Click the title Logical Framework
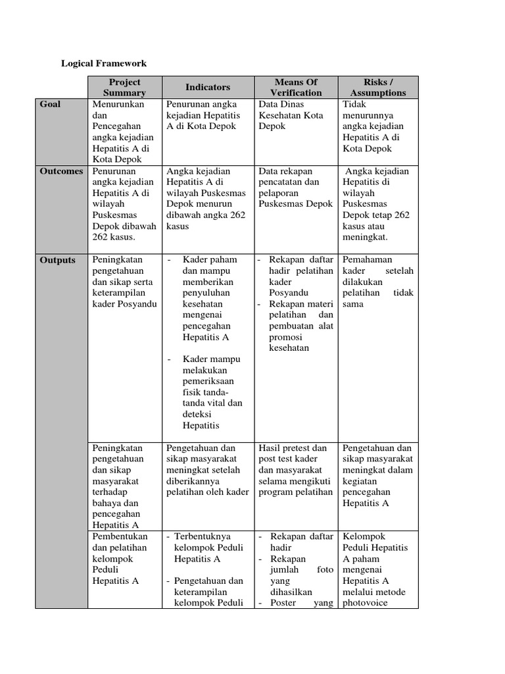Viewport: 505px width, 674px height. [x=104, y=63]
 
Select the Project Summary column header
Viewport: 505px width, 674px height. [x=125, y=88]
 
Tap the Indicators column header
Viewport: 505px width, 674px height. [x=208, y=87]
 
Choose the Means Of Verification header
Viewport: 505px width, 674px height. [x=296, y=88]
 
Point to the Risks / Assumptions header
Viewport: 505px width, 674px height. [x=378, y=88]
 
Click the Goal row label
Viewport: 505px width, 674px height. [x=51, y=104]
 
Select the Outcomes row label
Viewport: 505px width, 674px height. [x=61, y=171]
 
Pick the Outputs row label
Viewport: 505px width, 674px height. [x=58, y=259]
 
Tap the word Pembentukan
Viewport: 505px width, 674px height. [x=120, y=536]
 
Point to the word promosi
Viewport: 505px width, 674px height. [x=286, y=337]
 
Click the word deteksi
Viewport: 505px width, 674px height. [x=197, y=415]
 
